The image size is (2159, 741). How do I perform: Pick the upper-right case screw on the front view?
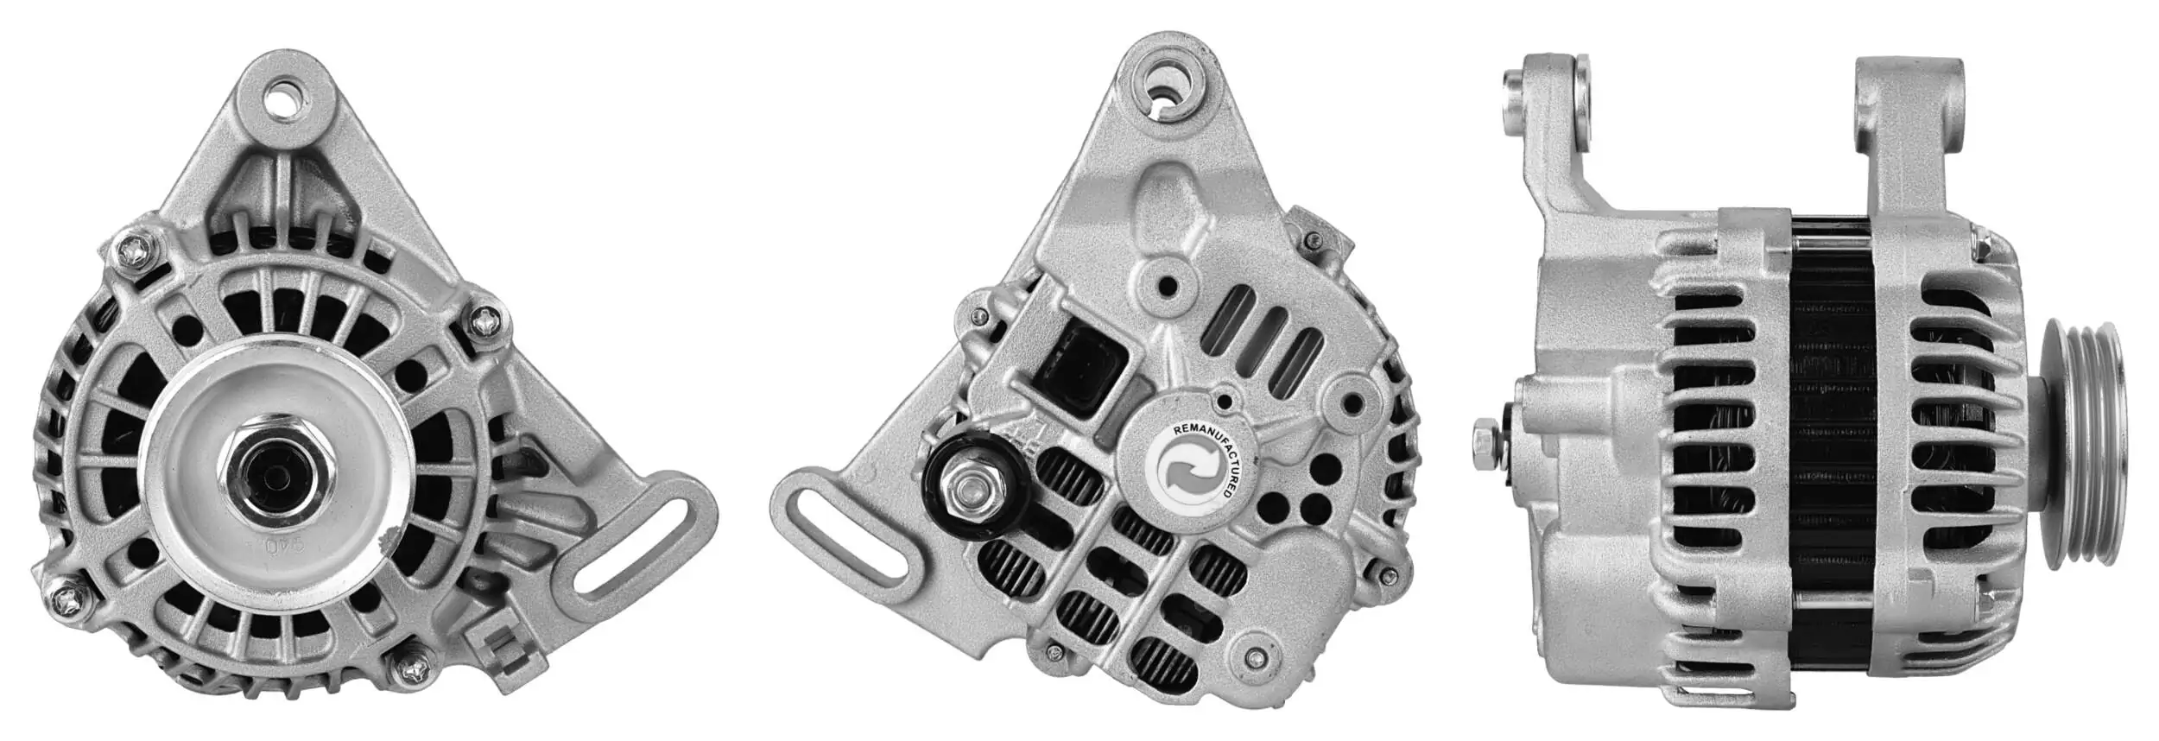tap(484, 322)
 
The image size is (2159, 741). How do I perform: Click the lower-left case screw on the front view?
tap(66, 595)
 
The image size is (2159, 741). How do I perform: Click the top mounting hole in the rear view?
tap(1168, 86)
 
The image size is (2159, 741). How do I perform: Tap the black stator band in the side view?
tap(1831, 449)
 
